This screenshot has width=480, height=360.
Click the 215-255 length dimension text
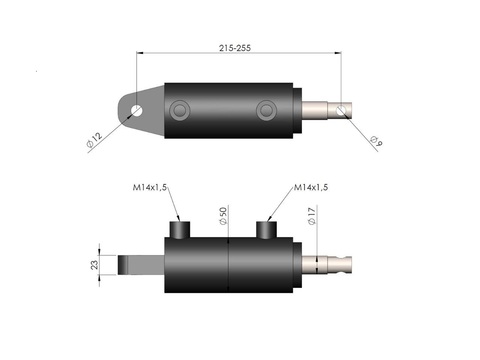tap(235, 48)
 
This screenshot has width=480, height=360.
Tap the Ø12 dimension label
tap(94, 140)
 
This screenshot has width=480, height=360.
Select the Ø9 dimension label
tap(377, 141)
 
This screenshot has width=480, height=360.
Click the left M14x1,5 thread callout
tap(150, 187)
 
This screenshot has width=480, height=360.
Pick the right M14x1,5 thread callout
tap(311, 187)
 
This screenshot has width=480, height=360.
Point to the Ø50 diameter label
tap(223, 216)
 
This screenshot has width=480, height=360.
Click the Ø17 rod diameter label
tap(312, 216)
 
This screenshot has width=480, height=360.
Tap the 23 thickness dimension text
tap(95, 265)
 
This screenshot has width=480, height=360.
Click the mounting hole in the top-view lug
tap(137, 110)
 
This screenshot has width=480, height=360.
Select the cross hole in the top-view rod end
tap(341, 110)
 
